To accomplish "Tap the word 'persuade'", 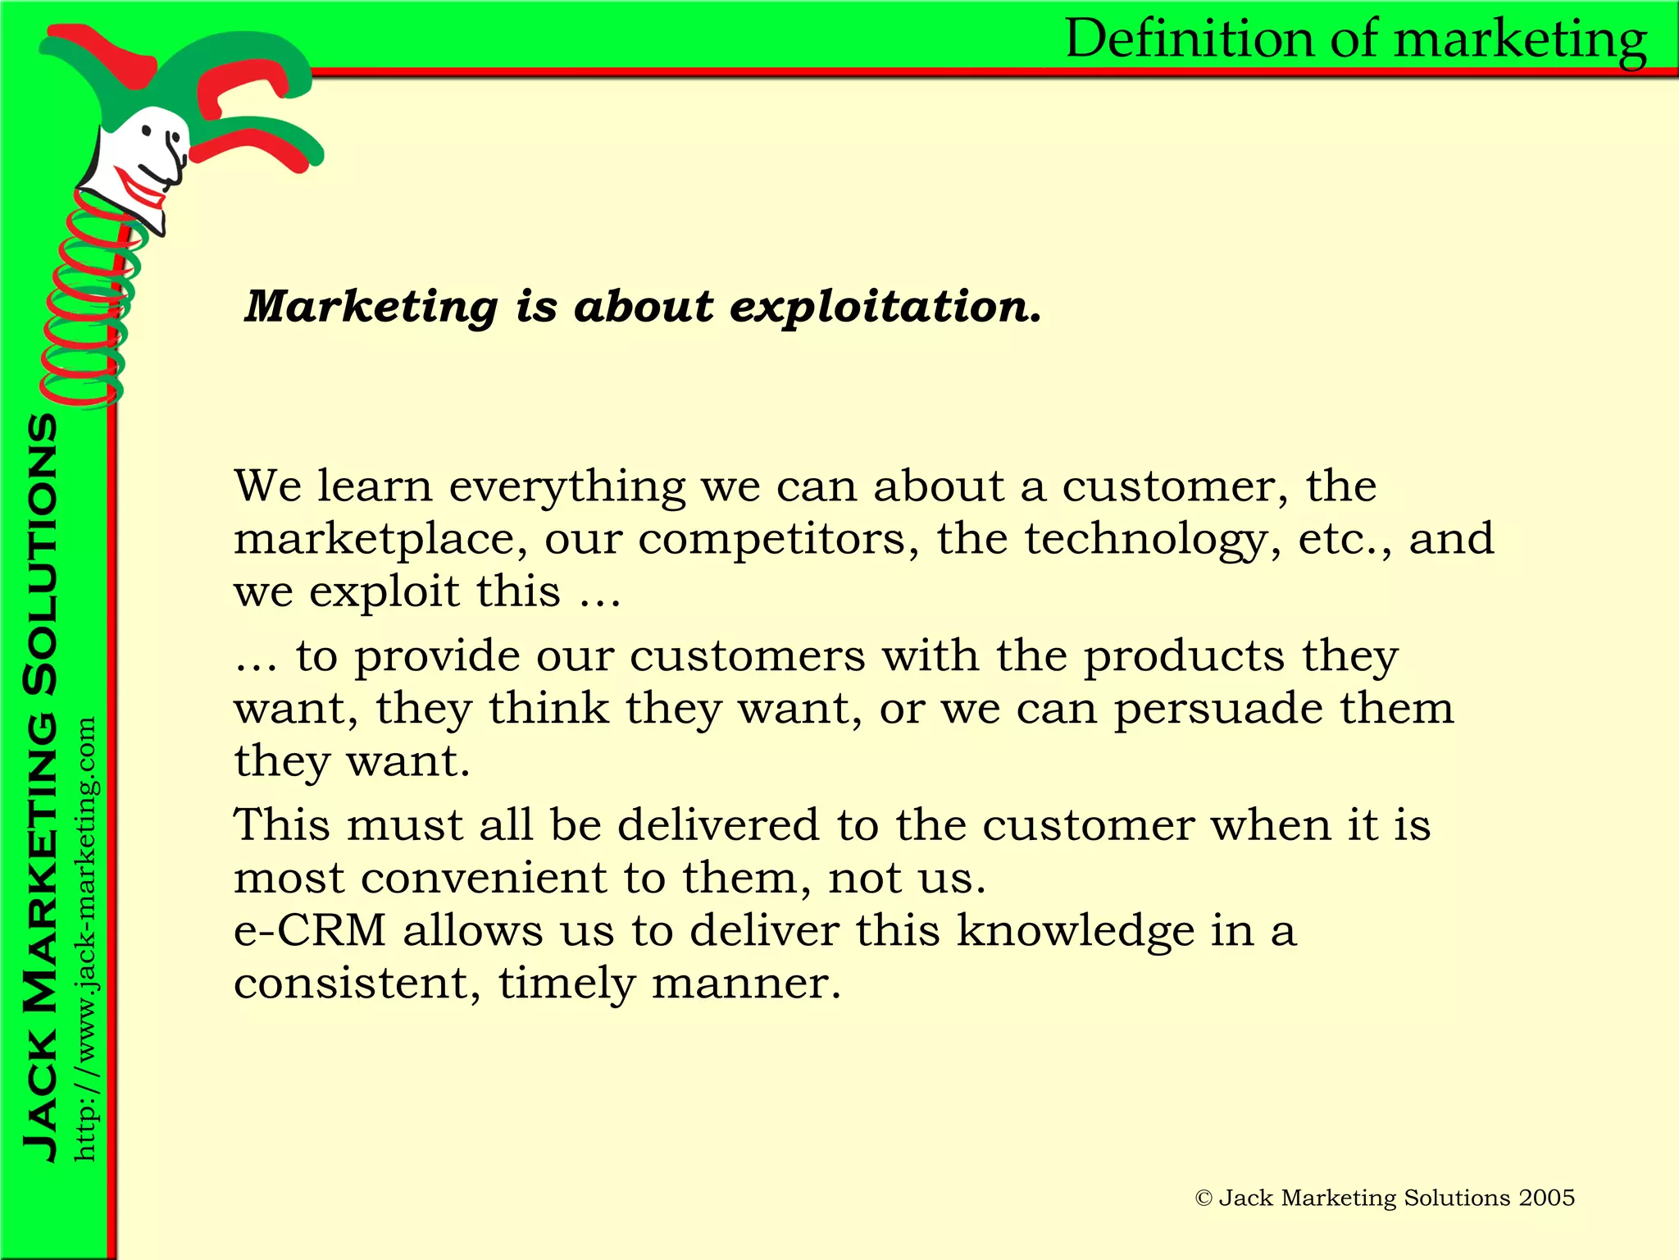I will pos(1218,708).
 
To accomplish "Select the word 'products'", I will pos(1184,656).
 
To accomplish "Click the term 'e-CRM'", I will pos(310,930).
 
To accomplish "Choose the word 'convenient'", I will pos(482,878).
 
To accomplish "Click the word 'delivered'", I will pos(718,824).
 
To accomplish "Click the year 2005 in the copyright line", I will pos(1546,1198).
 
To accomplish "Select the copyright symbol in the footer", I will pos(1204,1199).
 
